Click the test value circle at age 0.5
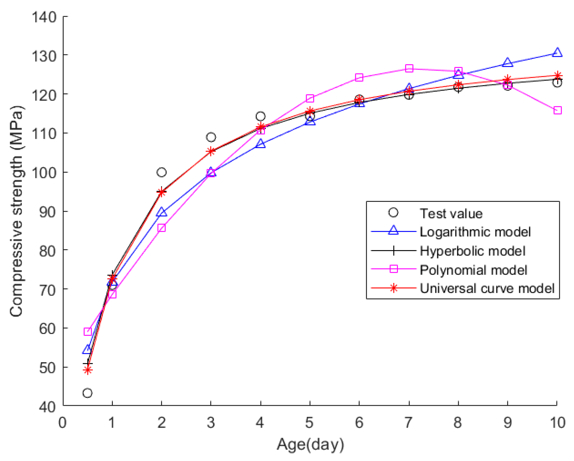pyautogui.click(x=87, y=393)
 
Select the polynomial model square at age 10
pyautogui.click(x=557, y=111)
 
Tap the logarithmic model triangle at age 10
pyautogui.click(x=557, y=53)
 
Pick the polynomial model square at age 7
pyautogui.click(x=409, y=68)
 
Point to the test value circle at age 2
pyautogui.click(x=161, y=172)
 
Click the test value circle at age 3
pyautogui.click(x=211, y=137)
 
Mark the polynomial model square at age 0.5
pyautogui.click(x=88, y=332)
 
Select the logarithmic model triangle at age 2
pyautogui.click(x=161, y=212)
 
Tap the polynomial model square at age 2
pyautogui.click(x=161, y=228)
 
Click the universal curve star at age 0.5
pyautogui.click(x=88, y=370)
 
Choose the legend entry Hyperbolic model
pyautogui.click(x=472, y=251)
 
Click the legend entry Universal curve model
pyautogui.click(x=487, y=288)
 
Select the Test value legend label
pyautogui.click(x=451, y=214)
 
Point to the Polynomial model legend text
pyautogui.click(x=473, y=270)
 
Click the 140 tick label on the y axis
pyautogui.click(x=44, y=17)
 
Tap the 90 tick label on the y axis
pyautogui.click(x=47, y=212)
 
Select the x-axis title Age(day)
pyautogui.click(x=310, y=444)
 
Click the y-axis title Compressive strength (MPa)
pyautogui.click(x=17, y=211)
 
